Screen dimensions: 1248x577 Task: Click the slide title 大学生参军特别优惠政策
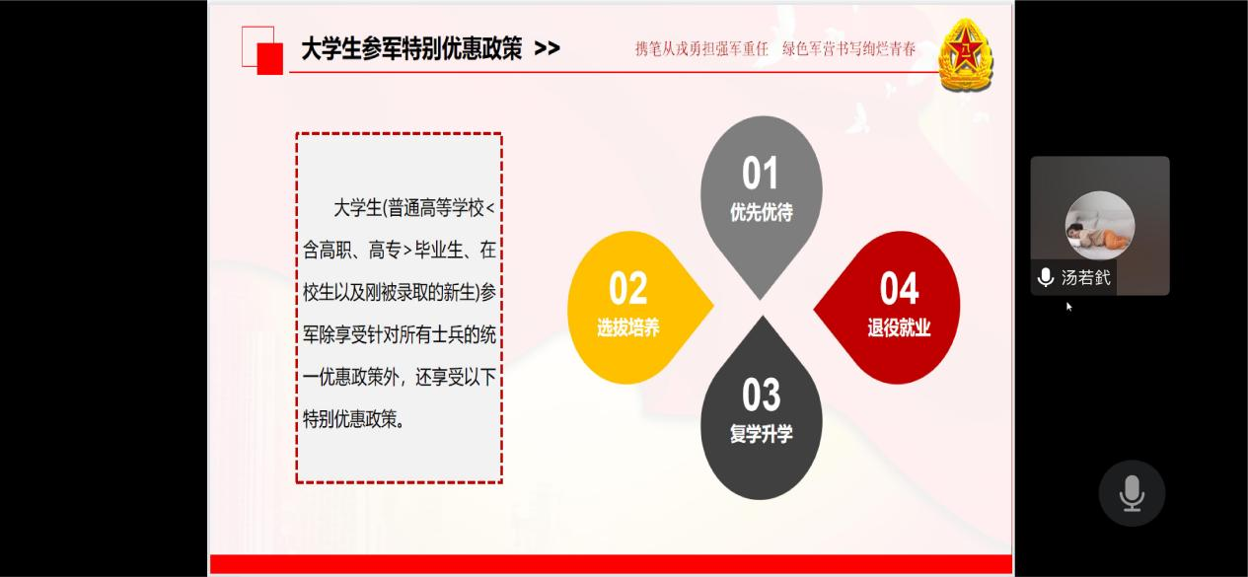(x=411, y=48)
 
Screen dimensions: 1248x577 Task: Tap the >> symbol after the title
(x=547, y=49)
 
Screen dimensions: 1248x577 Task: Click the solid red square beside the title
(x=270, y=58)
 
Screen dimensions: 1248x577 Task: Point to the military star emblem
(x=966, y=54)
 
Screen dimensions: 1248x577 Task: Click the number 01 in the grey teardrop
(x=760, y=174)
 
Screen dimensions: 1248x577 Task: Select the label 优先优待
(x=761, y=212)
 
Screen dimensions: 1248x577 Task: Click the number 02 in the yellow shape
(x=627, y=288)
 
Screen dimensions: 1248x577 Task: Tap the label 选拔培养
(x=627, y=327)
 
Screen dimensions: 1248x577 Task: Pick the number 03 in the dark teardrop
(x=761, y=395)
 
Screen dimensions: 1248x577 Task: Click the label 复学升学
(x=761, y=434)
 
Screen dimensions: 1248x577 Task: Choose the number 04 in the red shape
(x=899, y=288)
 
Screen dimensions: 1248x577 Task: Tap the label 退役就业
(x=899, y=327)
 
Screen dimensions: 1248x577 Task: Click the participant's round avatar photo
(x=1100, y=226)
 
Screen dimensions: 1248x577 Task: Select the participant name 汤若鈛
(x=1086, y=277)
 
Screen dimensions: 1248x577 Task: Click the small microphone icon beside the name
(x=1046, y=277)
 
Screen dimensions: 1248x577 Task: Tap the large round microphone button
(x=1132, y=493)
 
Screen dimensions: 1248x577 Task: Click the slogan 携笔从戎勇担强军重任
(x=701, y=49)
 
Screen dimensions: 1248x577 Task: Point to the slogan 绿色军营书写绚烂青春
(x=849, y=49)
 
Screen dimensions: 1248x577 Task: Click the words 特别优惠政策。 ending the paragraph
(x=354, y=419)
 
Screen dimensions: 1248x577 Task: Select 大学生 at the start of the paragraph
(x=357, y=208)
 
